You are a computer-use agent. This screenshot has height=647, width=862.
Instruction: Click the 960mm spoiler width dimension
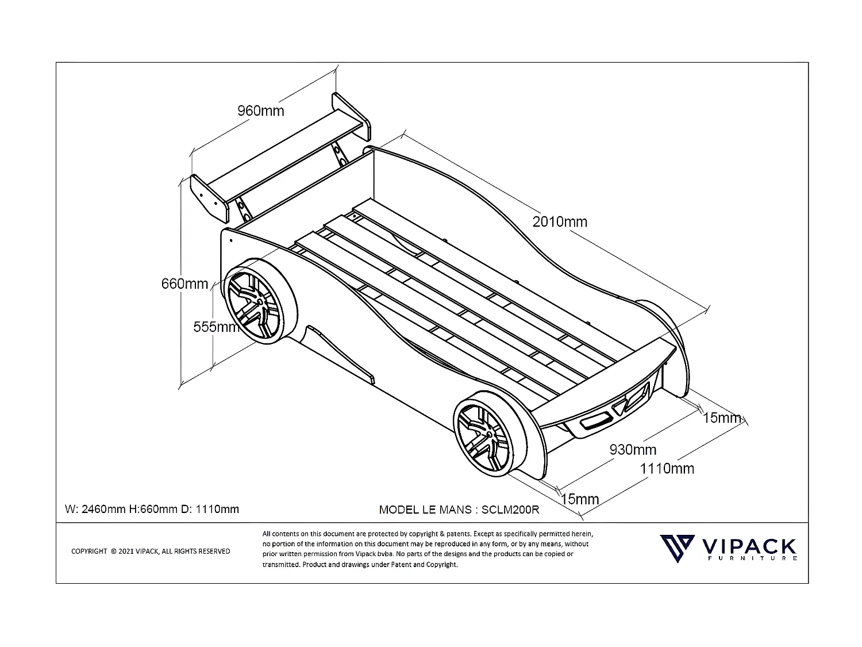(x=260, y=111)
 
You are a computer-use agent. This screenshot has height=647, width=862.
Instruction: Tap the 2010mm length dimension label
(x=560, y=222)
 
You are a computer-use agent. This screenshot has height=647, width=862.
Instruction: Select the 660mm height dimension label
(x=184, y=284)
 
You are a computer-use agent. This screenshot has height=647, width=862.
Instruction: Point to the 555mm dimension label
(x=217, y=327)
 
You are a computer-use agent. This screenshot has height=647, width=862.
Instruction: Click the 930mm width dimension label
(x=633, y=449)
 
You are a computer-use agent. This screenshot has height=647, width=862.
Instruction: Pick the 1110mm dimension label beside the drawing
(x=667, y=469)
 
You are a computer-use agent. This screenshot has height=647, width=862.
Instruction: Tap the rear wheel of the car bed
(x=260, y=301)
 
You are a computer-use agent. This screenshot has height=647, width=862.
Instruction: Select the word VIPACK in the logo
(x=749, y=546)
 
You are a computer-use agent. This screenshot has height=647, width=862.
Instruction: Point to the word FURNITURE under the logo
(x=752, y=558)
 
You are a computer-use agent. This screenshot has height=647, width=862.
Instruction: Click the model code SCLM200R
(x=510, y=510)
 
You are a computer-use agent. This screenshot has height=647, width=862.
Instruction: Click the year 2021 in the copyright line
(x=126, y=552)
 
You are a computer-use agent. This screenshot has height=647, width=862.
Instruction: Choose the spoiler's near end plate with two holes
(x=209, y=198)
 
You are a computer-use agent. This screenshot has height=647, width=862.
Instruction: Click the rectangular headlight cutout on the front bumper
(x=595, y=421)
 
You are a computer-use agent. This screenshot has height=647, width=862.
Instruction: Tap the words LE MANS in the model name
(x=447, y=510)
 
